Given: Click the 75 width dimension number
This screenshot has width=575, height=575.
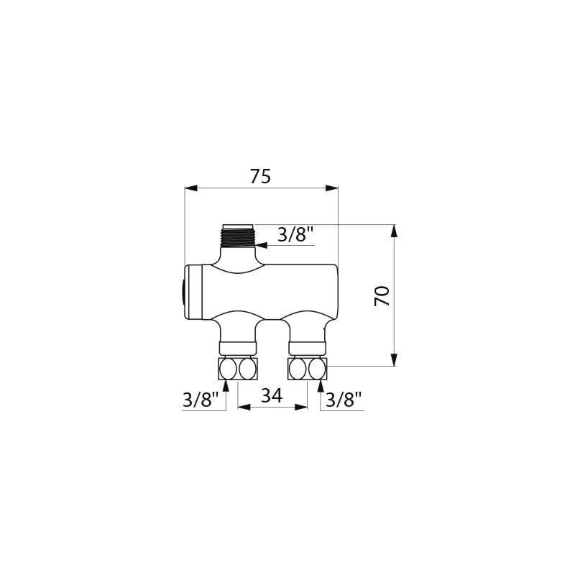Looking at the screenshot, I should tap(260, 177).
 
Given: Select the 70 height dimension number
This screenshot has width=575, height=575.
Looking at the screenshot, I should tap(383, 295).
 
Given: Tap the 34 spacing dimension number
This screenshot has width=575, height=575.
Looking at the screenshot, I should tap(272, 395).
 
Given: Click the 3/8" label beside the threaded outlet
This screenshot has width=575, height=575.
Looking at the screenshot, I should tap(295, 234).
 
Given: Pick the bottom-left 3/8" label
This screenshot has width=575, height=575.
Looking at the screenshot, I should tap(200, 400).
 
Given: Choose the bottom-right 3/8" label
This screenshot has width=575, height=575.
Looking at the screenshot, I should tap(343, 400).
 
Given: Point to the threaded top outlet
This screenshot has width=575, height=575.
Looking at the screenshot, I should tap(239, 236).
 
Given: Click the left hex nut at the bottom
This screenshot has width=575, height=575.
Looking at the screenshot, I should tap(237, 369).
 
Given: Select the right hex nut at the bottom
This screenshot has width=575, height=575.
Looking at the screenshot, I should tap(307, 369).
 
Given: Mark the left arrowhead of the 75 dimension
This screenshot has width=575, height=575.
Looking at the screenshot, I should tap(190, 188).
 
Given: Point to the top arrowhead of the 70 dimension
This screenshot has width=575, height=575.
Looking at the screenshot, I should tap(394, 231).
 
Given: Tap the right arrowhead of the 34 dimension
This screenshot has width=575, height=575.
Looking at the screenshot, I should tap(302, 407).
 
